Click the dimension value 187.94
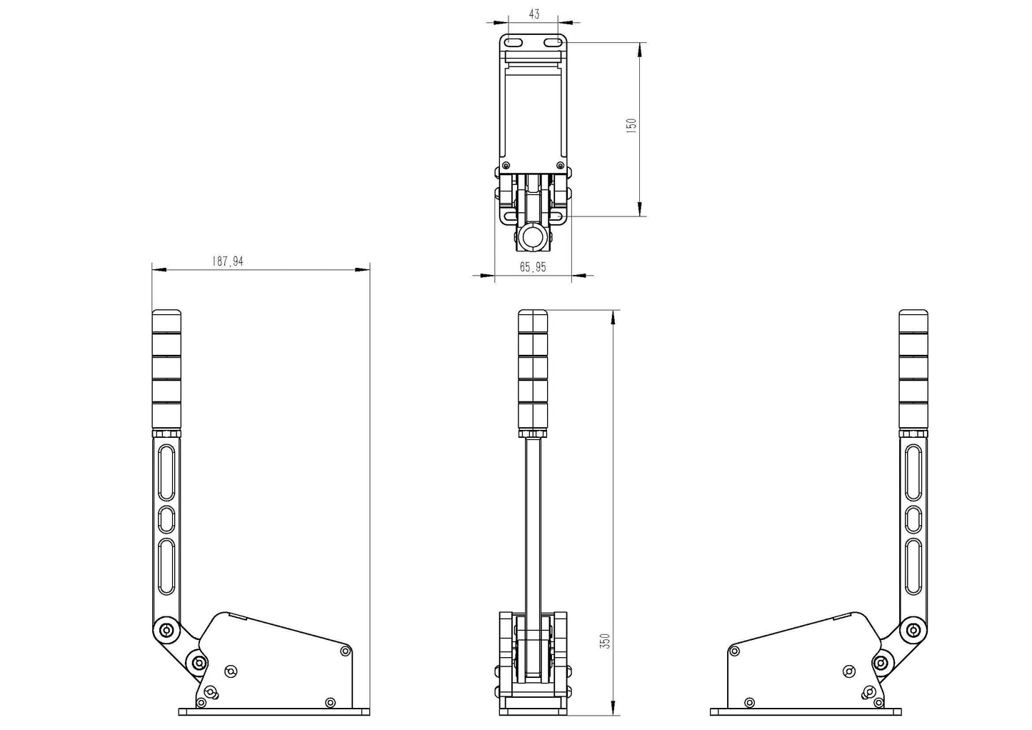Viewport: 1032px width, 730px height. [227, 261]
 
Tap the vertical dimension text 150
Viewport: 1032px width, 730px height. [631, 126]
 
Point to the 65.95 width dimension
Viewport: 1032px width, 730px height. [533, 267]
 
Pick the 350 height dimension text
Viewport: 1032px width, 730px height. [606, 641]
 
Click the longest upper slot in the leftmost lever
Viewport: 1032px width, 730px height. [166, 473]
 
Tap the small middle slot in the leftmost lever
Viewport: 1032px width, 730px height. [166, 519]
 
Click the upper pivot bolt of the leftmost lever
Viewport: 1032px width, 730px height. [166, 630]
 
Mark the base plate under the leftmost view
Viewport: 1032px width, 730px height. [274, 711]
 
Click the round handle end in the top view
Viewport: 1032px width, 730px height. [533, 237]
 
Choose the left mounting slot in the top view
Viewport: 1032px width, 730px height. [514, 44]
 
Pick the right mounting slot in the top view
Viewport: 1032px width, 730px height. [552, 44]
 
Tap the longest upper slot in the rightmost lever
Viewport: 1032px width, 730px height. [913, 473]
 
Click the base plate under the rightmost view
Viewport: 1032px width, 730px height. [806, 711]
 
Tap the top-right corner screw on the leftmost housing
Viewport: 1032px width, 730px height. [346, 651]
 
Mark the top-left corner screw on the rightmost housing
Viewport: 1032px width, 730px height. [734, 651]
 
